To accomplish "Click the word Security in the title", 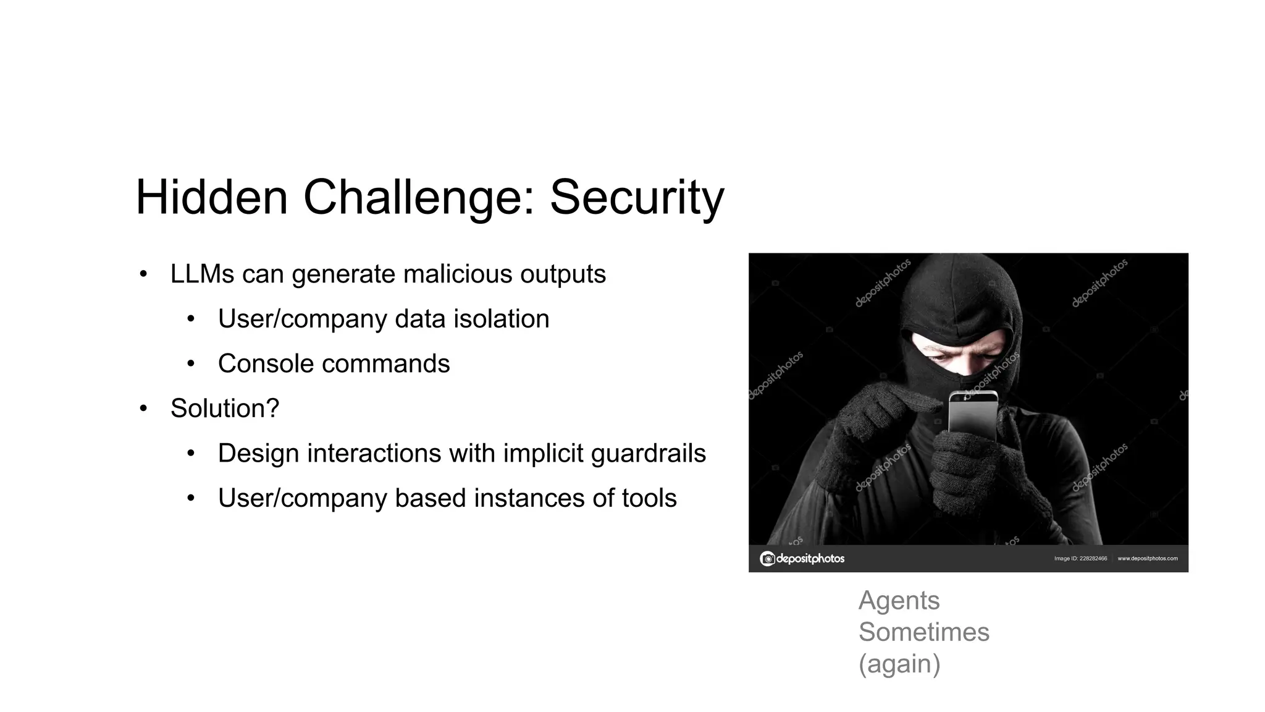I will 636,198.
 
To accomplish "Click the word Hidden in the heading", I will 212,198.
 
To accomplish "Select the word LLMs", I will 202,274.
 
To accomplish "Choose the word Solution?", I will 225,409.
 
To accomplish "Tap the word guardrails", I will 648,453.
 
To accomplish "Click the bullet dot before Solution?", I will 143,409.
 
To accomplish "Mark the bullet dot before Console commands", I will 191,364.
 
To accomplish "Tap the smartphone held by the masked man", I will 973,414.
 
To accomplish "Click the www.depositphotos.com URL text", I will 1147,559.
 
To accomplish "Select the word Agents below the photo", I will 899,601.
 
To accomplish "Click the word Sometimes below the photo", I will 923,632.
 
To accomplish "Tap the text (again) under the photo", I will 899,664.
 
